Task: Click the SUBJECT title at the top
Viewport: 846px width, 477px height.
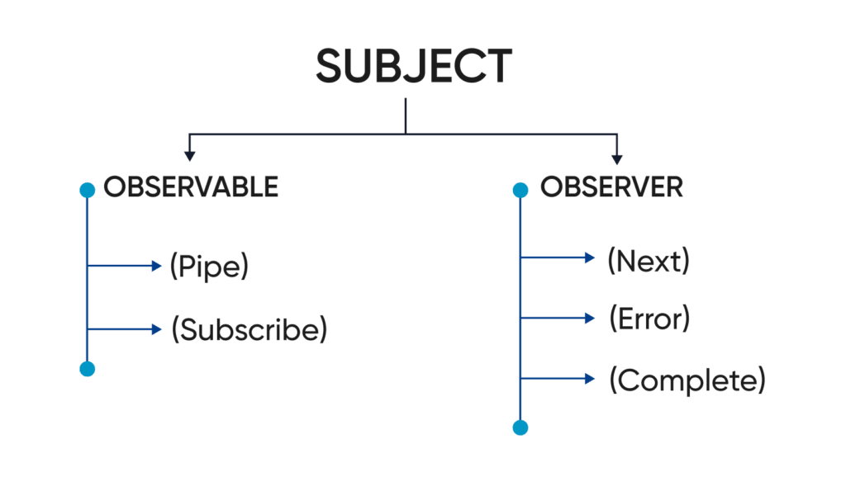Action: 413,66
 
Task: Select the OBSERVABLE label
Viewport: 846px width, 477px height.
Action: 191,187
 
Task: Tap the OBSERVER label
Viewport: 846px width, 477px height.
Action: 611,187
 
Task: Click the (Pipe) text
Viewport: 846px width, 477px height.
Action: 209,267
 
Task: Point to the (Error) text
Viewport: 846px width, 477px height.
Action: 649,318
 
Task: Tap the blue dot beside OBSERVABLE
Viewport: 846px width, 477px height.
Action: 87,191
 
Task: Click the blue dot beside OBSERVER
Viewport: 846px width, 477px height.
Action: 520,191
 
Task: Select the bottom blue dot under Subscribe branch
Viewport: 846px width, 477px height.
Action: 87,368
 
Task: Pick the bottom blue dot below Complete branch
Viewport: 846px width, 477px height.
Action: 520,427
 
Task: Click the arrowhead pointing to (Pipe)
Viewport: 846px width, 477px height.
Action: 158,266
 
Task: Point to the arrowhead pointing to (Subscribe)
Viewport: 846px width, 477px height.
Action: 158,329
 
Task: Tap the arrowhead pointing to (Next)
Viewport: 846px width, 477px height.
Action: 590,257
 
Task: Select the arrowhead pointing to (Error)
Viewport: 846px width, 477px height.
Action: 590,317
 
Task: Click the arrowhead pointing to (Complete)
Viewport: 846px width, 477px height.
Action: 590,378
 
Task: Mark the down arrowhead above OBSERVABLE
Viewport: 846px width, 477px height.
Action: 190,153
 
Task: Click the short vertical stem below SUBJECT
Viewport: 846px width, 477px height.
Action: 406,116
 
